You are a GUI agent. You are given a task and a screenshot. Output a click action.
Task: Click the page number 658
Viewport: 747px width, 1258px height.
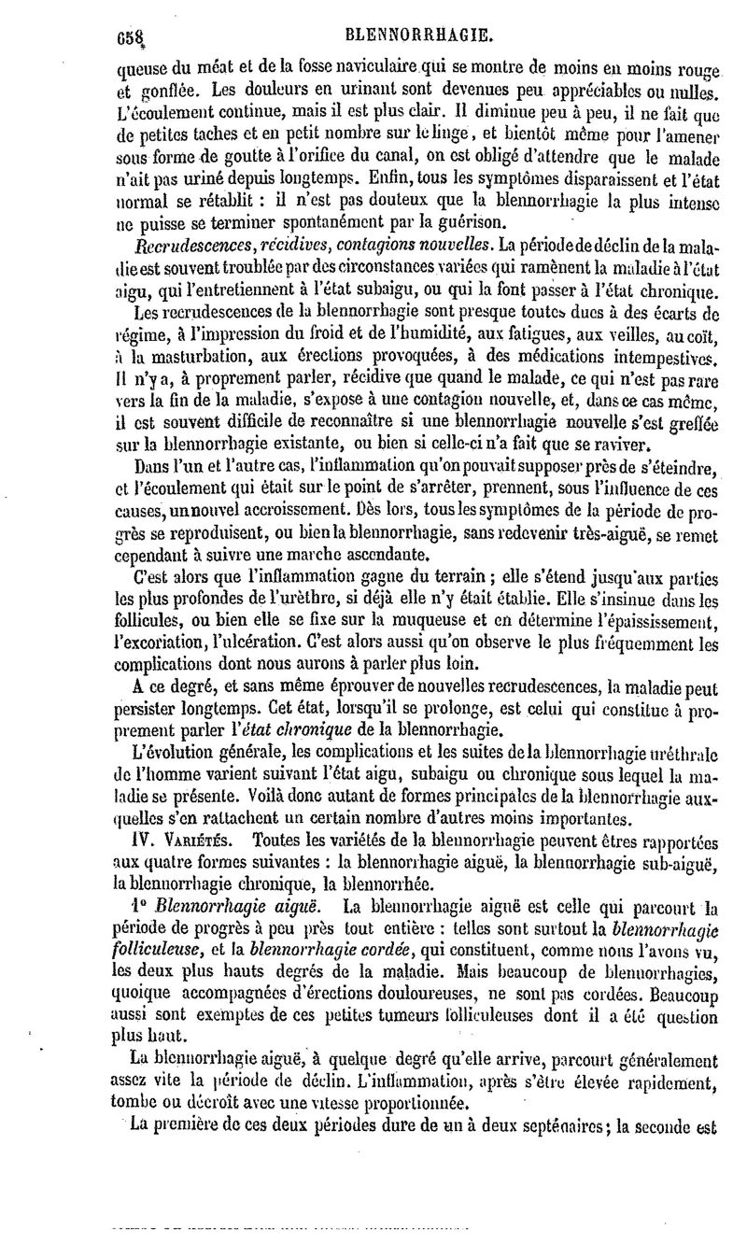tap(133, 37)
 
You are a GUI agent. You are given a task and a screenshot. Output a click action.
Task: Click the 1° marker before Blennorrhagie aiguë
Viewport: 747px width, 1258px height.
tap(141, 906)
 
